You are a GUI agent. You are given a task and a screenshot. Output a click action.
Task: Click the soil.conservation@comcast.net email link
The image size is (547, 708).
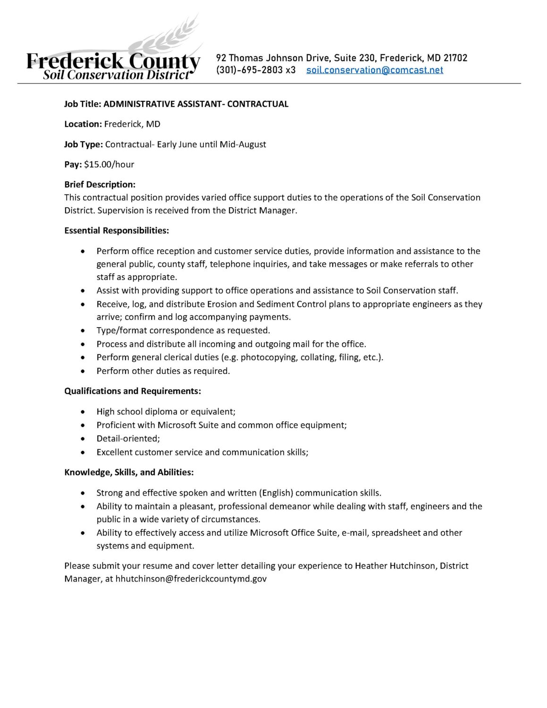[374, 70]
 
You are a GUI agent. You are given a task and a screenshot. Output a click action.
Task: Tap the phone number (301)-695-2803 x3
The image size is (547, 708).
[256, 70]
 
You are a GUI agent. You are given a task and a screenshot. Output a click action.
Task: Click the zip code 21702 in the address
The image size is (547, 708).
[455, 58]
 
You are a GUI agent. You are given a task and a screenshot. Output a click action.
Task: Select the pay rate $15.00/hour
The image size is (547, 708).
[109, 164]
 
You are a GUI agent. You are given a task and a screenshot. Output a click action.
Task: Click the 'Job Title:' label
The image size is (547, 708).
[83, 104]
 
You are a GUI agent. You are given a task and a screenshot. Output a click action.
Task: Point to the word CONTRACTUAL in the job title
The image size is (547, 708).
[258, 104]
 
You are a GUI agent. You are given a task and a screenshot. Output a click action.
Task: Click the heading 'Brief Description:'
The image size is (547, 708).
[100, 185]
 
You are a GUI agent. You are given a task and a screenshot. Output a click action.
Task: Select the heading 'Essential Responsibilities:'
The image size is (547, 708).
[117, 230]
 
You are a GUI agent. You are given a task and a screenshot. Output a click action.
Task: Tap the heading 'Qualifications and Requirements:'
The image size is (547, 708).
[133, 391]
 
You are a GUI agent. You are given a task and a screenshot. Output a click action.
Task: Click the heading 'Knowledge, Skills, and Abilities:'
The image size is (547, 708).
[129, 472]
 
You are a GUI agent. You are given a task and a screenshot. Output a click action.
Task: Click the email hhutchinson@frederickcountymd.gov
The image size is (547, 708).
[191, 578]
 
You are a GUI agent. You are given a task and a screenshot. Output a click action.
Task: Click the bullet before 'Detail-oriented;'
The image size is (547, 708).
[84, 439]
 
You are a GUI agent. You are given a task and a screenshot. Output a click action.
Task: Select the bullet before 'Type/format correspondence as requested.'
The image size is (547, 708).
[84, 331]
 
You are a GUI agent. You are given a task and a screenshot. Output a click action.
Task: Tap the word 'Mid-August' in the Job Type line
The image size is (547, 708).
[243, 144]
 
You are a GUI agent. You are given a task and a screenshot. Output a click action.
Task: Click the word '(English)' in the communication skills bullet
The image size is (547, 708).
[276, 493]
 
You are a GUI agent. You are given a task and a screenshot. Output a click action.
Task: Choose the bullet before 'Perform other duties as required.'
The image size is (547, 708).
[84, 371]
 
